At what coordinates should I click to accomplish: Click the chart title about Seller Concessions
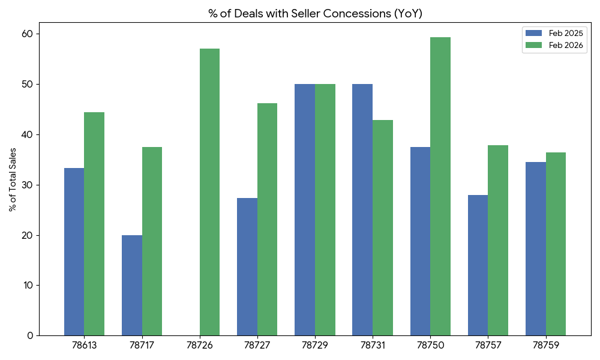coord(315,14)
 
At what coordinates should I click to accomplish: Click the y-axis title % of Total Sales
coord(12,178)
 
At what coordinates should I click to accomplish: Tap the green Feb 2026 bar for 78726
coord(209,192)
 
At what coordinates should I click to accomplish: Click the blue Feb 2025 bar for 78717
coord(132,285)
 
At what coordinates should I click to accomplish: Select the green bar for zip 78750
coord(440,186)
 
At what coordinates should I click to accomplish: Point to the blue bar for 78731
coord(362,210)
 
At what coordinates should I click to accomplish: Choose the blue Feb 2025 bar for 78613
coord(74,252)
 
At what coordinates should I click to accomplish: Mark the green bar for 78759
coord(556,244)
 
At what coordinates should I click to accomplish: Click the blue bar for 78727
coord(247,267)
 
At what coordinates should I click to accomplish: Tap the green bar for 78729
coord(325,210)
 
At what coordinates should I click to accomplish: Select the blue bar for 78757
coord(478,265)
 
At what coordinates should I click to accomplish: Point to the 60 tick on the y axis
coord(29,34)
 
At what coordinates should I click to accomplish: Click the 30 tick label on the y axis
coord(29,185)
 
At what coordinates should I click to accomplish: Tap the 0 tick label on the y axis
coord(31,336)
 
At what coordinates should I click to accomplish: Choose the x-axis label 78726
coord(199,346)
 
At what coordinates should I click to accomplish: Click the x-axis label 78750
coord(430,346)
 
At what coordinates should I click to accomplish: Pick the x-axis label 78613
coord(84,346)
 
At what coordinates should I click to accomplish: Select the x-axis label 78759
coord(545,346)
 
